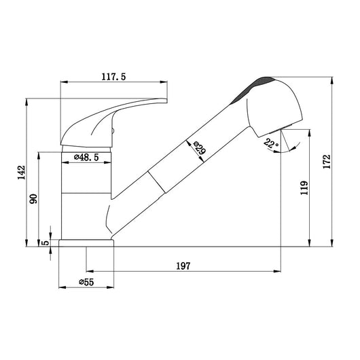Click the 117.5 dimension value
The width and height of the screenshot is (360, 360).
(x=113, y=77)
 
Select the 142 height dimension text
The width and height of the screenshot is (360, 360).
(x=22, y=173)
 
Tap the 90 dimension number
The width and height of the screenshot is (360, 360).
(x=33, y=199)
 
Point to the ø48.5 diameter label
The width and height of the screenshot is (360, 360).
(x=86, y=158)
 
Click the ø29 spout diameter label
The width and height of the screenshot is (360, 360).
(x=200, y=147)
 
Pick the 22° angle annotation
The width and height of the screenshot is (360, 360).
(x=271, y=143)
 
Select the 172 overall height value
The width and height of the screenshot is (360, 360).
(x=327, y=162)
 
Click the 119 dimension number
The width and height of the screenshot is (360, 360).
(x=304, y=187)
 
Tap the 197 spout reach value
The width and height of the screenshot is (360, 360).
(x=183, y=266)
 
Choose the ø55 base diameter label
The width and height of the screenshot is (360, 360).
(x=86, y=282)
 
